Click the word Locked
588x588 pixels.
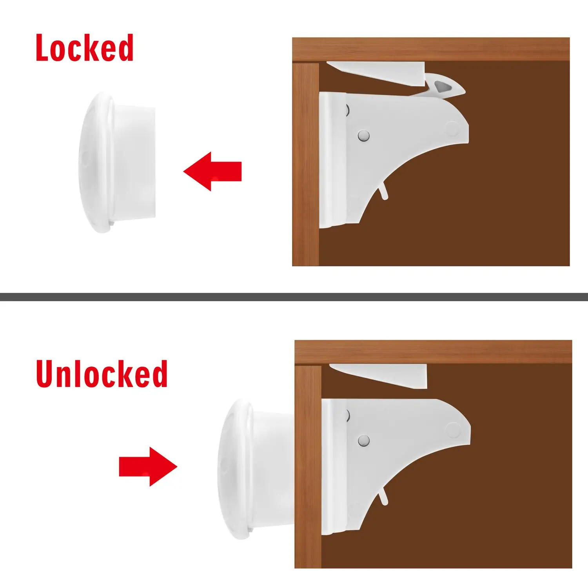click(85, 48)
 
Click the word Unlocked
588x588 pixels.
click(102, 374)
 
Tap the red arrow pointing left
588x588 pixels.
click(212, 171)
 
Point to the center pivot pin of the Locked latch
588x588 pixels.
click(363, 136)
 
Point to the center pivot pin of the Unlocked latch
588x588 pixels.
click(364, 441)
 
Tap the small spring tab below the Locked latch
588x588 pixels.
click(384, 192)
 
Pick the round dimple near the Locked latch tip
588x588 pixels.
click(452, 128)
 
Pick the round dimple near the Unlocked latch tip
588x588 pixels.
click(453, 430)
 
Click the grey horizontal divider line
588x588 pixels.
click(294, 297)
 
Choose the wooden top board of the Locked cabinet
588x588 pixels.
click(431, 49)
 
